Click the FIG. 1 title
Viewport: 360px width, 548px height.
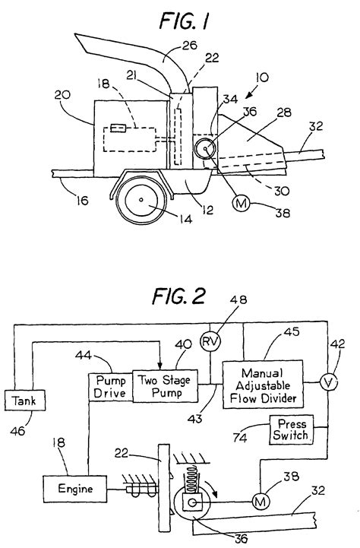coord(184,21)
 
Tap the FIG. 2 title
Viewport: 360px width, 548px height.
coord(178,296)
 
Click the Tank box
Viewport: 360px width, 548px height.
coord(25,400)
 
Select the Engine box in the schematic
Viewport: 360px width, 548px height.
coord(75,489)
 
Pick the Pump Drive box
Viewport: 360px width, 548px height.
coord(110,387)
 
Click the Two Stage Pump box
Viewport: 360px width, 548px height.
coord(165,386)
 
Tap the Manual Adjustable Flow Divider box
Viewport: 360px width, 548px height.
coord(263,385)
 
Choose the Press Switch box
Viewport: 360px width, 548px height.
coord(291,430)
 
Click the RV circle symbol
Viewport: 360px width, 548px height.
coord(210,341)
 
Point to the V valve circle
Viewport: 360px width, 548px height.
coord(328,383)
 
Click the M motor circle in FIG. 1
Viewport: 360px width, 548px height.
coord(242,203)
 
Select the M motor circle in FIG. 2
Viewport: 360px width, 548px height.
coord(261,502)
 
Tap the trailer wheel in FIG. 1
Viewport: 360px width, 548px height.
coord(141,200)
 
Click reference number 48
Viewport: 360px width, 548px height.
coord(238,300)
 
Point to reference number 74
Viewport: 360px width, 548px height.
coord(240,438)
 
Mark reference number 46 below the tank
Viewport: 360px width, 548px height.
coord(17,430)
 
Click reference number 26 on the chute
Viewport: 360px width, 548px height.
coord(190,45)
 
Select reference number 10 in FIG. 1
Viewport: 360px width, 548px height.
coord(262,77)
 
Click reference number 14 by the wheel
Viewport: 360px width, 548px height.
coord(185,219)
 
